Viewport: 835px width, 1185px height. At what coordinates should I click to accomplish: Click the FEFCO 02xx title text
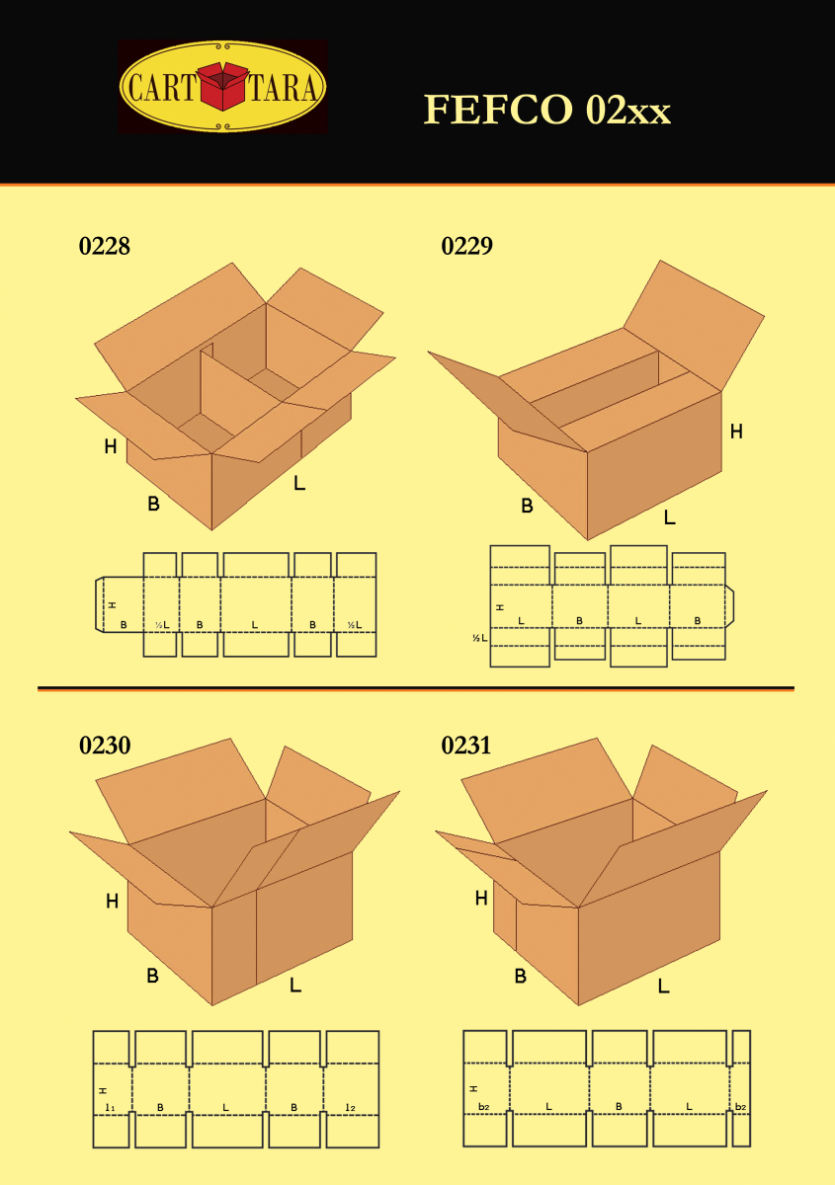point(546,110)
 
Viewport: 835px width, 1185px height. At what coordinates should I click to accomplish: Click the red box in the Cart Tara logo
point(223,87)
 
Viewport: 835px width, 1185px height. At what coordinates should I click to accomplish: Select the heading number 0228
point(104,247)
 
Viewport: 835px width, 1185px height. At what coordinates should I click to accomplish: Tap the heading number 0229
point(466,247)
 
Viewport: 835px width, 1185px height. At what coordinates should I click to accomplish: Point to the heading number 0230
point(104,746)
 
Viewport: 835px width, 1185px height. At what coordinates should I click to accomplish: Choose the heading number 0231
point(466,746)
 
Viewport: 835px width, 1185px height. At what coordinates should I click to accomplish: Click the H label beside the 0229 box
point(736,431)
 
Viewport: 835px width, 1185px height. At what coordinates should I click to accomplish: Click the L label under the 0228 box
point(299,484)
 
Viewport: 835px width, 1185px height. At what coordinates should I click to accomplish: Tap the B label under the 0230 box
point(153,976)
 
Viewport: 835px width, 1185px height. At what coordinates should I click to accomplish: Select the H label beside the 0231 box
point(481,898)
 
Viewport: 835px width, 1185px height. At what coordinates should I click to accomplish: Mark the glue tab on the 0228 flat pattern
point(99,603)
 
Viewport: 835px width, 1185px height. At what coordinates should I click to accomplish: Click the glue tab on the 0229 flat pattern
point(730,605)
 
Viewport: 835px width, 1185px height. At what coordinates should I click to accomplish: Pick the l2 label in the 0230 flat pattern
point(351,1108)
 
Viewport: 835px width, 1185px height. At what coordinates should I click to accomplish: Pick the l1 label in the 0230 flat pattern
point(110,1108)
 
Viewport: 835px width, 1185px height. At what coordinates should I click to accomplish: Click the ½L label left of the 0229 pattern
point(479,639)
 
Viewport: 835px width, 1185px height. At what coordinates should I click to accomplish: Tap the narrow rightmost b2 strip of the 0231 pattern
point(741,1088)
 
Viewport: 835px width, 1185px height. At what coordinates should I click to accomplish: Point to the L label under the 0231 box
point(663,986)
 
